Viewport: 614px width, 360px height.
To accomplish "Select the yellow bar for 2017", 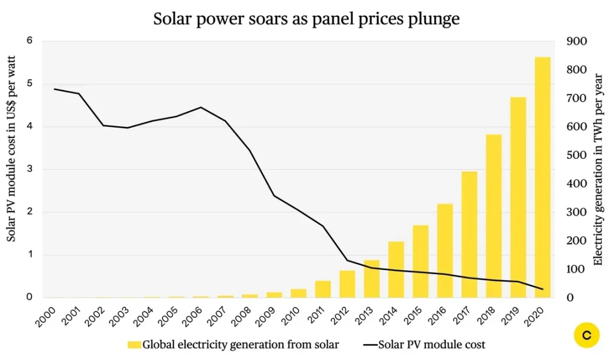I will [x=469, y=234].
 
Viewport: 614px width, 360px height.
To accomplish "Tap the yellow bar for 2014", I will [x=396, y=269].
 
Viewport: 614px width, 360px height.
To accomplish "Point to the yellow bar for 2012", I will [x=347, y=284].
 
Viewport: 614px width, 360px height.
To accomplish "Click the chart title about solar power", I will [x=306, y=19].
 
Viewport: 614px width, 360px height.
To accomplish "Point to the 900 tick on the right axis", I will [x=578, y=41].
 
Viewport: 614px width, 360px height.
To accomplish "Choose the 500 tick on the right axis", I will [x=578, y=155].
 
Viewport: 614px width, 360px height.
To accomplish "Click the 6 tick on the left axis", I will [x=29, y=41].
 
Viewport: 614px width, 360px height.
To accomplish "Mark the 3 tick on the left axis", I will [x=29, y=169].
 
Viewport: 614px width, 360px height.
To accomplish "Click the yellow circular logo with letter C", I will [x=587, y=335].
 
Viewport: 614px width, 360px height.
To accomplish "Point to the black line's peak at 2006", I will [x=201, y=108].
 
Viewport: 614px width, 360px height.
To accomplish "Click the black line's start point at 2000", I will [x=54, y=89].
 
